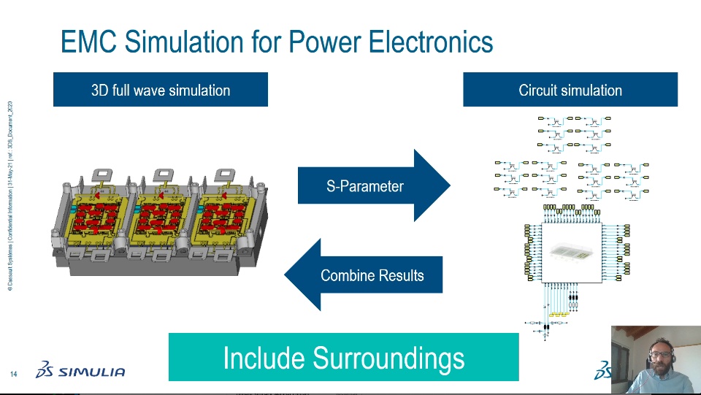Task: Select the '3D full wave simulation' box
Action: [x=161, y=91]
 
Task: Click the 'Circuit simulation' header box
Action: [x=570, y=91]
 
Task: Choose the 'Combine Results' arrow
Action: [x=365, y=275]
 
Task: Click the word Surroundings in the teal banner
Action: [x=388, y=358]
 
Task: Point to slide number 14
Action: [x=13, y=375]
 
